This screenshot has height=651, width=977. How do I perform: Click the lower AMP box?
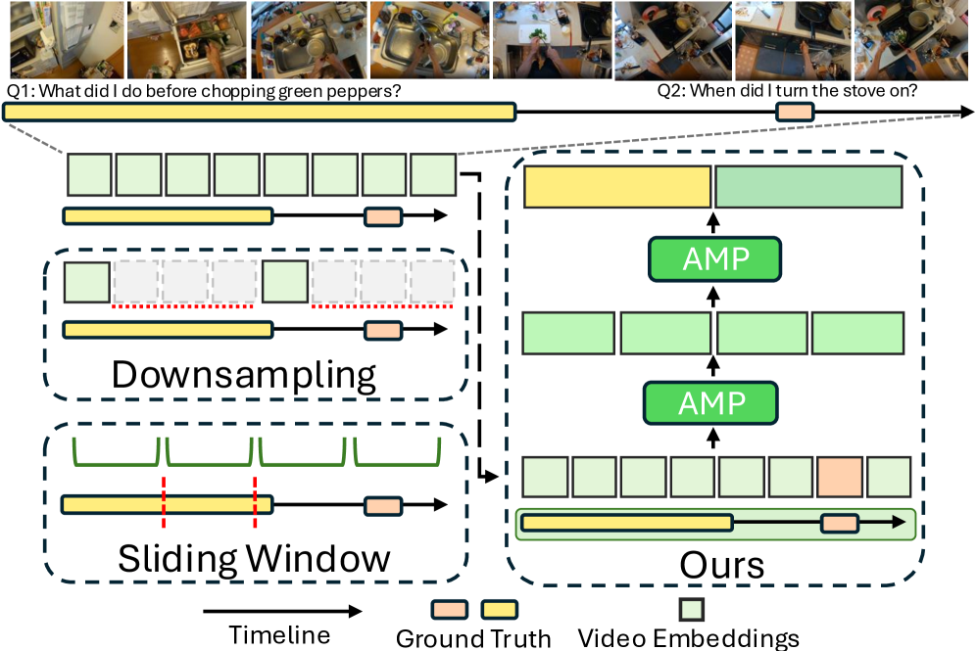click(x=708, y=402)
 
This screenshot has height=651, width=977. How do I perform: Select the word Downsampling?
click(x=244, y=375)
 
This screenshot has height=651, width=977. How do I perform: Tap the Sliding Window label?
click(x=254, y=558)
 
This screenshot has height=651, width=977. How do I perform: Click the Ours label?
click(x=721, y=565)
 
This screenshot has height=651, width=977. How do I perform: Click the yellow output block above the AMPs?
click(x=617, y=188)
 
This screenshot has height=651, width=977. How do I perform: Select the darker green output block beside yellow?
click(x=808, y=188)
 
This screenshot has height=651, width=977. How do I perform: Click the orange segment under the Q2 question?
click(x=794, y=113)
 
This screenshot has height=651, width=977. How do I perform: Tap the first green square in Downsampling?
click(x=86, y=282)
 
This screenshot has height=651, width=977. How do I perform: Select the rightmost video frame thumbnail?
click(x=914, y=38)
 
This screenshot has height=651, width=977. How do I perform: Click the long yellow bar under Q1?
click(x=259, y=113)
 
